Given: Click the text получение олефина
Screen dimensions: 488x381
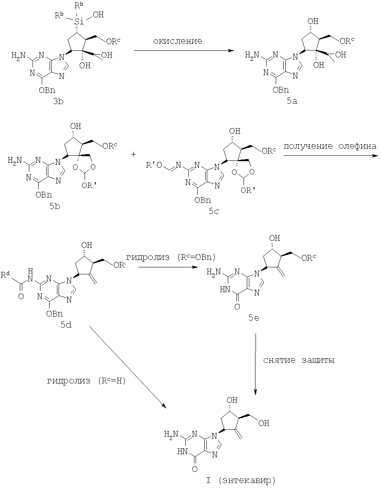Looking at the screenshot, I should pyautogui.click(x=330, y=146).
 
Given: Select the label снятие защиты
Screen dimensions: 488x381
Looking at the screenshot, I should pyautogui.click(x=298, y=360).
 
